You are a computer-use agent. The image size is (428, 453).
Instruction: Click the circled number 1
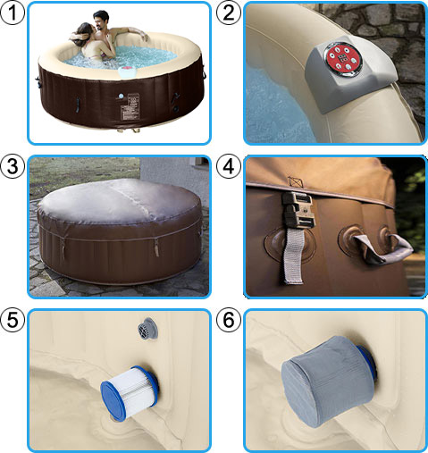point(13,13)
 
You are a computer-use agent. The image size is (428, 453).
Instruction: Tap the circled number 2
point(228,13)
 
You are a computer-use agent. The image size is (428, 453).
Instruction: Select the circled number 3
point(13,166)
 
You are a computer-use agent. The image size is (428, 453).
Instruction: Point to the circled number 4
point(228,166)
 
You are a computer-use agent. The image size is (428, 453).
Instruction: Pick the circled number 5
point(13,319)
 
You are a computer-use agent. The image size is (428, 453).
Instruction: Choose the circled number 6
point(228,319)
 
